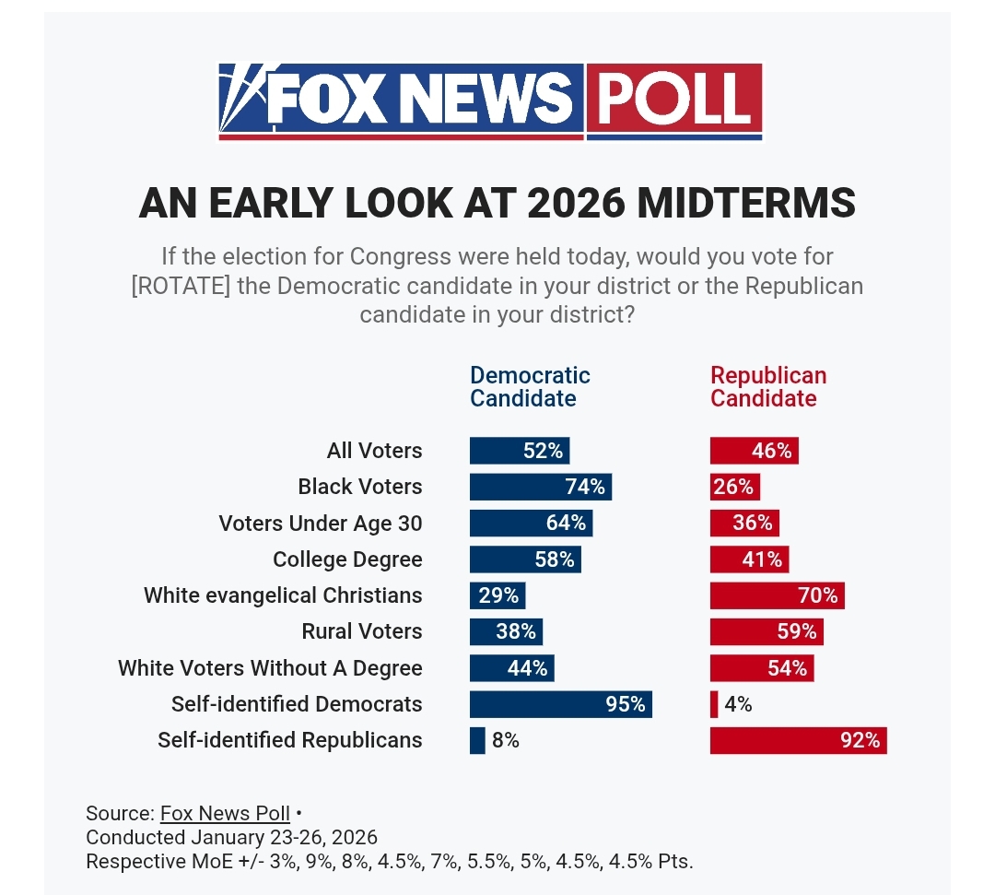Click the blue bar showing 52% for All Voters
point(520,451)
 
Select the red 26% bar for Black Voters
point(734,487)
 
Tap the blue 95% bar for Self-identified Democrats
point(560,704)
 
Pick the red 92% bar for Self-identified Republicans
point(798,740)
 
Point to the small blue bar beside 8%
point(477,740)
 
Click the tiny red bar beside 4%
point(714,704)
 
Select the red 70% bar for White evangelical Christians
point(777,595)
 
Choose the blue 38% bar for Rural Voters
point(506,631)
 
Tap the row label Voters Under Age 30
point(321,524)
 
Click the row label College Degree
point(347,559)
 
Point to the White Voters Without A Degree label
point(270,668)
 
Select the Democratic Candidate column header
point(530,387)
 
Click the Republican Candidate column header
point(768,387)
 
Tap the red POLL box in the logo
point(673,99)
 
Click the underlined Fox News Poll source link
point(225,814)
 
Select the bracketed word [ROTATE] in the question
point(181,286)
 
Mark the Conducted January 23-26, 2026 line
point(231,838)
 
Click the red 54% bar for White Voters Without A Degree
point(761,668)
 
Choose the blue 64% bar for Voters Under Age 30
point(531,524)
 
